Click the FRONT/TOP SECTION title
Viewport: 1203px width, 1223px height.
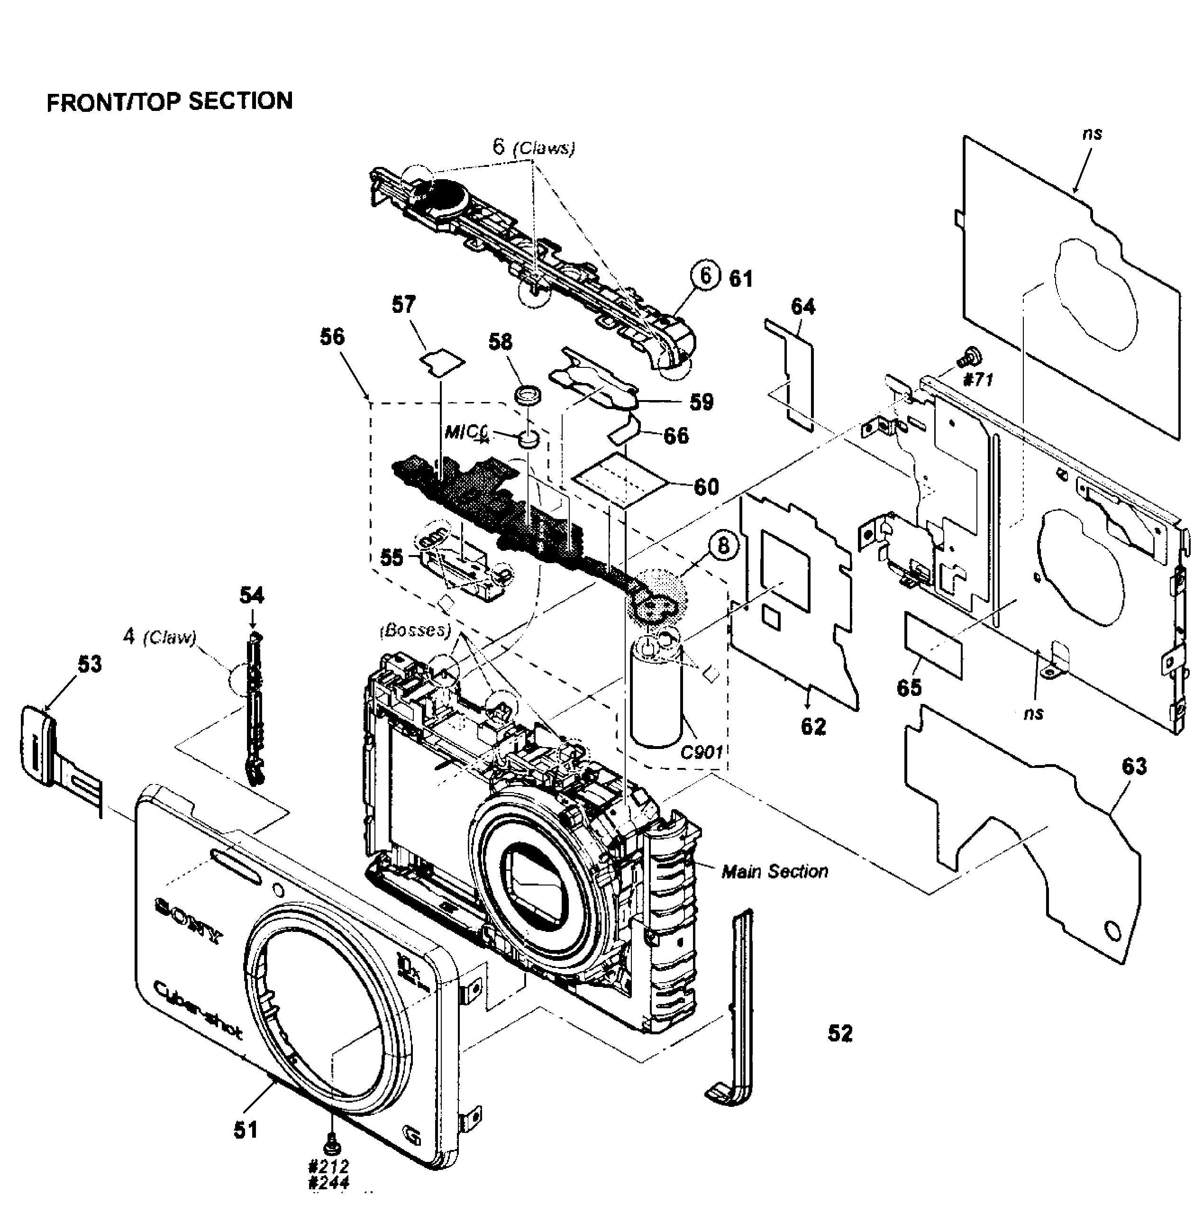(169, 101)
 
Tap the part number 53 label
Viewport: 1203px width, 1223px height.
(89, 665)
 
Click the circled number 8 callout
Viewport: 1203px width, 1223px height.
(723, 546)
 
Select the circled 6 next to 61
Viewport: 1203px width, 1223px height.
(706, 276)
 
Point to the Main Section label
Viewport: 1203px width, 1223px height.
(775, 872)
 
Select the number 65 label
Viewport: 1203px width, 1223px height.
(909, 687)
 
